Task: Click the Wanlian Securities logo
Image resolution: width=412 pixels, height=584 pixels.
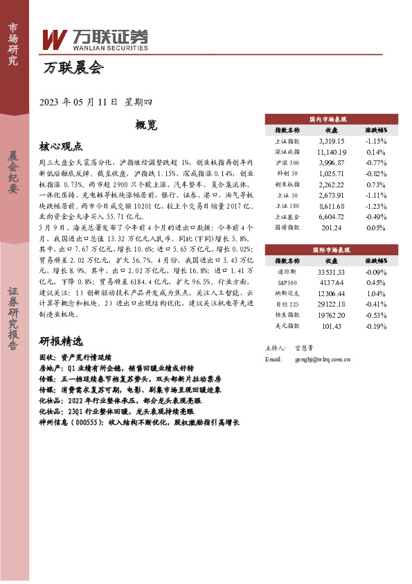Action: point(95,40)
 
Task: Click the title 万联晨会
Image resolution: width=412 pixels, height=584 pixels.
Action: point(73,68)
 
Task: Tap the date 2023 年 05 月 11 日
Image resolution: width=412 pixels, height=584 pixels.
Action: point(80,102)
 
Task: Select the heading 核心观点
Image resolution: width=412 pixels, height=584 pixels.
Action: point(61,146)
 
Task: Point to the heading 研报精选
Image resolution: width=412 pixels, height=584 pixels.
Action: point(61,341)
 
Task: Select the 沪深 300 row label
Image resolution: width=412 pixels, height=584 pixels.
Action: point(287,162)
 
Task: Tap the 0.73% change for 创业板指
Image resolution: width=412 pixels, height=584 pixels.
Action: point(375,184)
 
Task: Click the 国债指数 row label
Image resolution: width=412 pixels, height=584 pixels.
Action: point(287,227)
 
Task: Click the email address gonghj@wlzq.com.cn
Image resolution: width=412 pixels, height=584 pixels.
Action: point(323,359)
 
